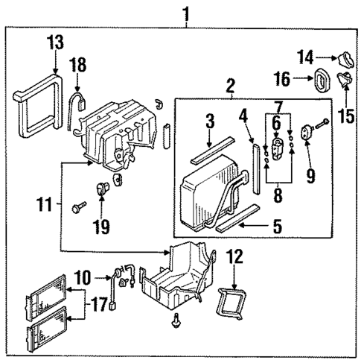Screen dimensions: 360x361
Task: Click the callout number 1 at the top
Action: [185, 13]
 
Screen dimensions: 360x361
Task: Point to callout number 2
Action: [230, 83]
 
